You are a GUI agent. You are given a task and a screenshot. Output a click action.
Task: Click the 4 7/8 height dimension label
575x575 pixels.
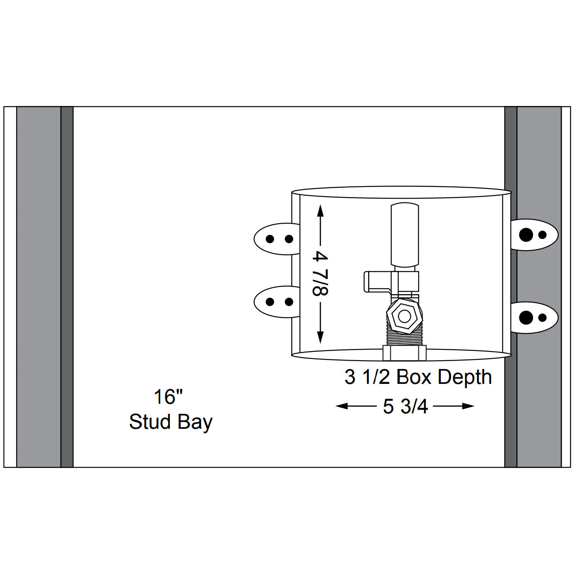point(320,273)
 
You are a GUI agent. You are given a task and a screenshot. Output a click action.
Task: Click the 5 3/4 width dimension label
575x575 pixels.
point(405,407)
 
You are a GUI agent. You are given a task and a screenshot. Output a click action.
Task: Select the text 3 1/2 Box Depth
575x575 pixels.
point(418,377)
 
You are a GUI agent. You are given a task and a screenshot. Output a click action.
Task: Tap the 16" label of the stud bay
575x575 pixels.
point(168,397)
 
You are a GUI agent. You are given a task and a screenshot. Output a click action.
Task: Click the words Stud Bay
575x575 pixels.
point(170,422)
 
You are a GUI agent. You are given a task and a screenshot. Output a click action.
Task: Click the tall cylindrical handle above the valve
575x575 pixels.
point(405,235)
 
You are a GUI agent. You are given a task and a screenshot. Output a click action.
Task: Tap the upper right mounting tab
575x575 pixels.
point(534,235)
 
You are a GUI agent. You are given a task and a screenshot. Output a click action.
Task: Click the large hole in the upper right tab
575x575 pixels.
point(526,235)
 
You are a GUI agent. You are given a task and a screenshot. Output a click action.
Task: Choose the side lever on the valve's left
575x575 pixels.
point(376,281)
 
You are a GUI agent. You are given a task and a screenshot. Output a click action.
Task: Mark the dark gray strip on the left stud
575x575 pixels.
point(67,287)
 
